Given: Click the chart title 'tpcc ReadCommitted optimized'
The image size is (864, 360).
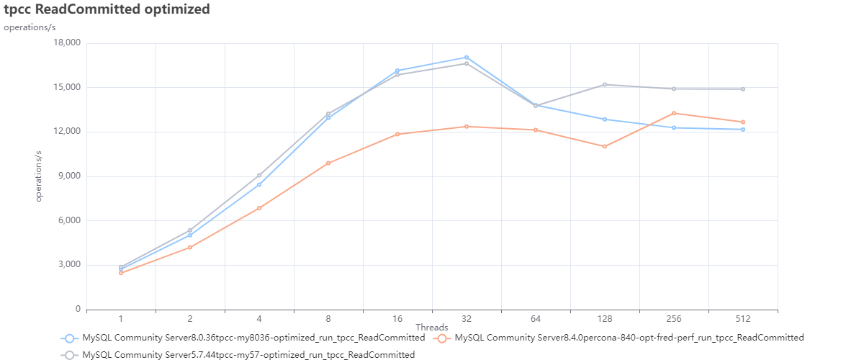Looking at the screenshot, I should [x=107, y=9].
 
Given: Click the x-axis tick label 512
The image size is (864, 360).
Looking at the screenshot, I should [x=743, y=318].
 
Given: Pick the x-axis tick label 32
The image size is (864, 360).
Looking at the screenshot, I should [x=467, y=318].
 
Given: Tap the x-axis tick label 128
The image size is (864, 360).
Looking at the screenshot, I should [x=605, y=318].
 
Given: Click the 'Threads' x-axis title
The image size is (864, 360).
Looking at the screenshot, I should [x=432, y=328].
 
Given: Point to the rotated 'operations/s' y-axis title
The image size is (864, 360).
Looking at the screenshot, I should [x=40, y=176].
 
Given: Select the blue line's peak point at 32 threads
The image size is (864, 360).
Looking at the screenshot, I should [x=467, y=58].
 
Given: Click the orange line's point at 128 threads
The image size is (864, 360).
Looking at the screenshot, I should [x=605, y=146].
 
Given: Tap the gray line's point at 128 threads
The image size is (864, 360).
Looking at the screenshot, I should [x=605, y=85].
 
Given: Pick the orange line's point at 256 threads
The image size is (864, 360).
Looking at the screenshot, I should [x=674, y=113].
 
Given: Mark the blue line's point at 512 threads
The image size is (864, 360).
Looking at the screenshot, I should [x=743, y=130].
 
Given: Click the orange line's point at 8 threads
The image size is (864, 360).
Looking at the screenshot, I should [x=328, y=163].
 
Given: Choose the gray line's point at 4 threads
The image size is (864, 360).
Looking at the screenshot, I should [x=259, y=175].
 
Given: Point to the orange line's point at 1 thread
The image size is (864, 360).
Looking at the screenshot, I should [x=121, y=273].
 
